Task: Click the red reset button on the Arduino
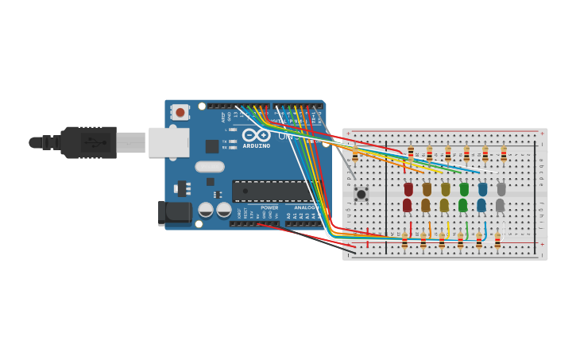pos(180,112)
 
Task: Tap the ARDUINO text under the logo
pos(256,146)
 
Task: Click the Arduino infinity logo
pos(256,135)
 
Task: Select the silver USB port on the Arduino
pos(168,142)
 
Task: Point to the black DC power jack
pos(174,212)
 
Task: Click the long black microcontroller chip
pos(274,191)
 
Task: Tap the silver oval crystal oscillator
pos(210,167)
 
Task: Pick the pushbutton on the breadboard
pos(361,194)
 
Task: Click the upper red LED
pos(408,189)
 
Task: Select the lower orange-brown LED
pos(426,205)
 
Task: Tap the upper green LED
pos(464,189)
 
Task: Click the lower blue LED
pos(481,205)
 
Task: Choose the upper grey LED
pos(501,189)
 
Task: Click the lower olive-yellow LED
pos(444,205)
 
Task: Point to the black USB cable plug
pos(88,142)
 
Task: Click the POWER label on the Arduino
pos(269,208)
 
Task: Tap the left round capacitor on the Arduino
pos(206,210)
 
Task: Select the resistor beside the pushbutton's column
pos(354,154)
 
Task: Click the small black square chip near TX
pos(212,146)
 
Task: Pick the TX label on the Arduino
pos(225,141)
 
